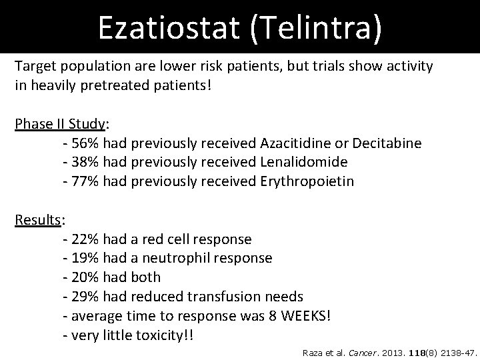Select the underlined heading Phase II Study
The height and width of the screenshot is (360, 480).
[x=59, y=125]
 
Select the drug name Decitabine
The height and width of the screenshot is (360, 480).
[x=387, y=143]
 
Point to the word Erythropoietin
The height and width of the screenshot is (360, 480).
[x=306, y=181]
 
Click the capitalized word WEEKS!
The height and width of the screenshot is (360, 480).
[x=306, y=314]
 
